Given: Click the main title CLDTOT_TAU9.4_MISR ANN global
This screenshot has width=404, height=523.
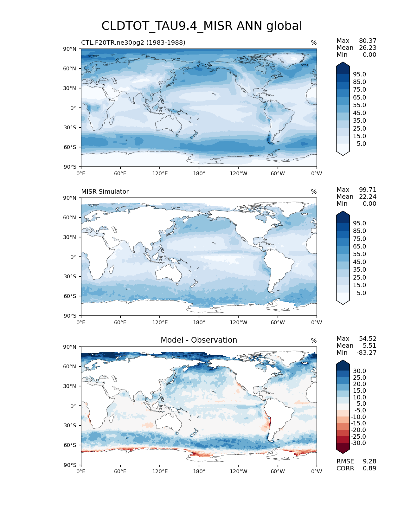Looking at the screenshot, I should click(202, 26).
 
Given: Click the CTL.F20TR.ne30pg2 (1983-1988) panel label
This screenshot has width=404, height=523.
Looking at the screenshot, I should click(133, 42).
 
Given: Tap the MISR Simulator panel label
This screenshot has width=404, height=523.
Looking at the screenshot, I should click(105, 191).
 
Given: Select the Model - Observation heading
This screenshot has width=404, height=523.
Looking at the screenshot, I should click(199, 340).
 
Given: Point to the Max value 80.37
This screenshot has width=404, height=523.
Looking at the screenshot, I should click(368, 41).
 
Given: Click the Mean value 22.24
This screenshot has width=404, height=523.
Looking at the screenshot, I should click(368, 197).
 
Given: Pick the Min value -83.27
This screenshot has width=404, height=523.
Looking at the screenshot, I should click(366, 352).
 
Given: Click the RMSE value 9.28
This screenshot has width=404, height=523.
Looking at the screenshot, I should click(369, 461).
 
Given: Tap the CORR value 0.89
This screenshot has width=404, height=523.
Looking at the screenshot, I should click(369, 468).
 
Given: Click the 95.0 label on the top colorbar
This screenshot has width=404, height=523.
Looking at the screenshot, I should click(359, 74).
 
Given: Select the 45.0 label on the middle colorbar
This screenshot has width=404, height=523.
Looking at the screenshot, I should click(359, 262).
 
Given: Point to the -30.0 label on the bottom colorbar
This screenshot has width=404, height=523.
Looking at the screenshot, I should click(358, 443).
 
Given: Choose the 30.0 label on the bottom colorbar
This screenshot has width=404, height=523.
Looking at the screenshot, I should click(359, 371).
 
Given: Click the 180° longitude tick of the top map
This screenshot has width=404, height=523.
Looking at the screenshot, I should click(199, 173).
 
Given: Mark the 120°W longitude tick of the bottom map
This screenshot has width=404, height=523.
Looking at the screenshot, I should click(238, 471).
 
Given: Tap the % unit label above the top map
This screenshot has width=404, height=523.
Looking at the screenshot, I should click(314, 42).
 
